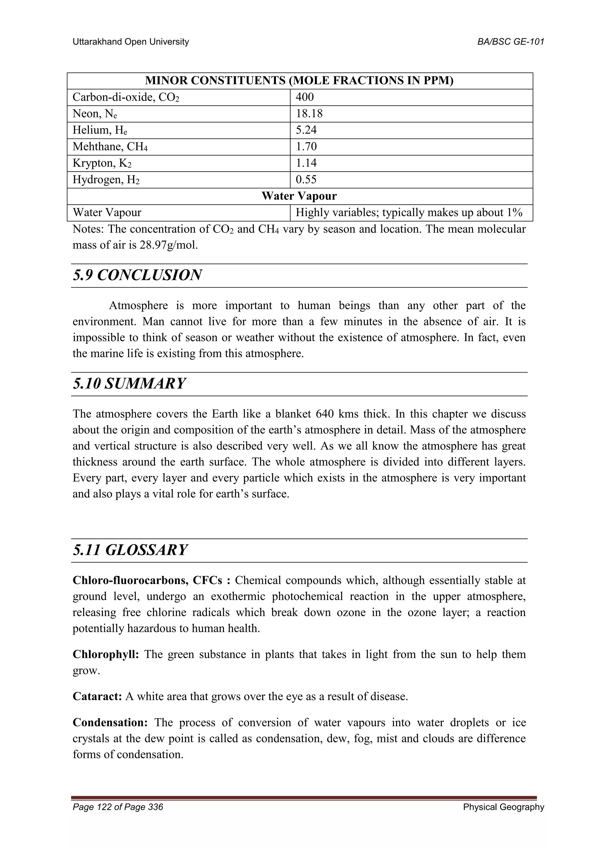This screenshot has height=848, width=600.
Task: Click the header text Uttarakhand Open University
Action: point(130,42)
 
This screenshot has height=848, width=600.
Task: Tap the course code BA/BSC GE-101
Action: point(511,42)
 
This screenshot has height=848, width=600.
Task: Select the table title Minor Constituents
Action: point(299,81)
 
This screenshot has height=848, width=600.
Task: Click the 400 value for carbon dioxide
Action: point(305,97)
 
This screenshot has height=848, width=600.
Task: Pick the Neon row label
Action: point(95,114)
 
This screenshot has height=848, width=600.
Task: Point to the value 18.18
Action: point(309,114)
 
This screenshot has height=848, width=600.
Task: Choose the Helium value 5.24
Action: point(306,130)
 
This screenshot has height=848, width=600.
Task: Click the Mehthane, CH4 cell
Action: point(110,147)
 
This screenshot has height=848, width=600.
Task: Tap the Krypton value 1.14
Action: point(306,163)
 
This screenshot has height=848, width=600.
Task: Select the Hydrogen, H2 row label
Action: point(106,179)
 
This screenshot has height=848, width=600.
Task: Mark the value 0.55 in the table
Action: point(306,179)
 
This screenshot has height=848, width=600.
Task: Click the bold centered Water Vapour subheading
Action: point(299,196)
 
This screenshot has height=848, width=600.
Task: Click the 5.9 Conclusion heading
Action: point(137,275)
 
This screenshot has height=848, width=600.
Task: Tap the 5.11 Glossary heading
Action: point(130,550)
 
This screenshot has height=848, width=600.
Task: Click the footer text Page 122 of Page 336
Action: point(118,807)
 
